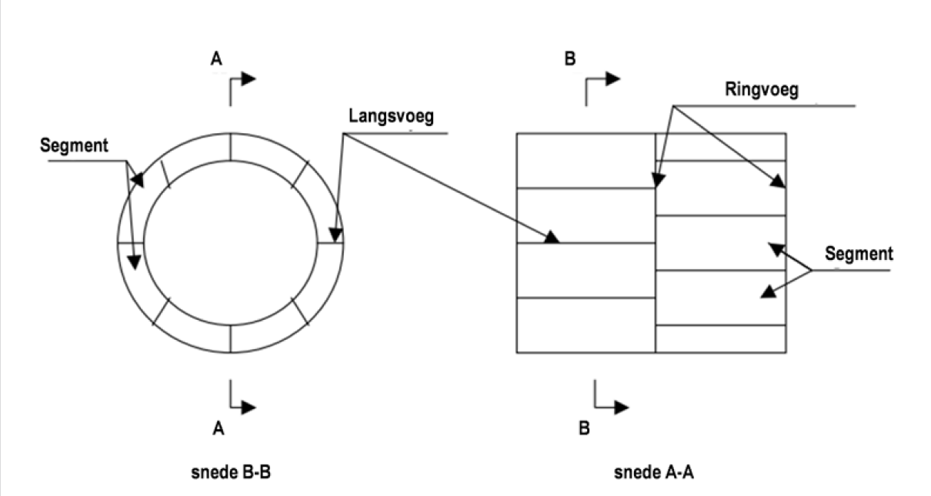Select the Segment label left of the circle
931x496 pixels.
[x=74, y=146]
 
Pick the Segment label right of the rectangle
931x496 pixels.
[x=858, y=253]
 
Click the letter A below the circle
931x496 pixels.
[x=219, y=429]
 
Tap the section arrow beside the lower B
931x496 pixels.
[x=619, y=408]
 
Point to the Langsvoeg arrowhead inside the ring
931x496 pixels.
[x=335, y=234]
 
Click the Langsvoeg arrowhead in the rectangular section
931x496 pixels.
[x=552, y=238]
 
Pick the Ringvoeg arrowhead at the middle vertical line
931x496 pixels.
[x=658, y=180]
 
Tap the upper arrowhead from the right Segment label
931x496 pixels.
[x=775, y=248]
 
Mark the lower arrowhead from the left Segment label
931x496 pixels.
[x=135, y=261]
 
